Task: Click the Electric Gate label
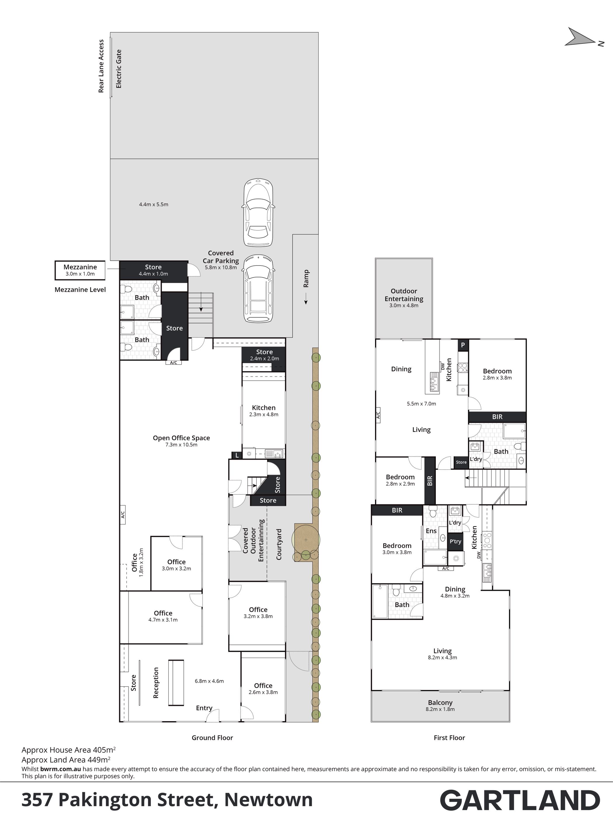[119, 69]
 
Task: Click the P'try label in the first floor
[455, 541]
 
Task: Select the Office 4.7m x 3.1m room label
[163, 616]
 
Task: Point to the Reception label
[156, 683]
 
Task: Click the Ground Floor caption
[212, 738]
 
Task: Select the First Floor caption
[449, 738]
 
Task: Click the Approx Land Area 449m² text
[66, 760]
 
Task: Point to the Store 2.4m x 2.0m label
[264, 355]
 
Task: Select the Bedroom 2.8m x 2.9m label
[400, 480]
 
